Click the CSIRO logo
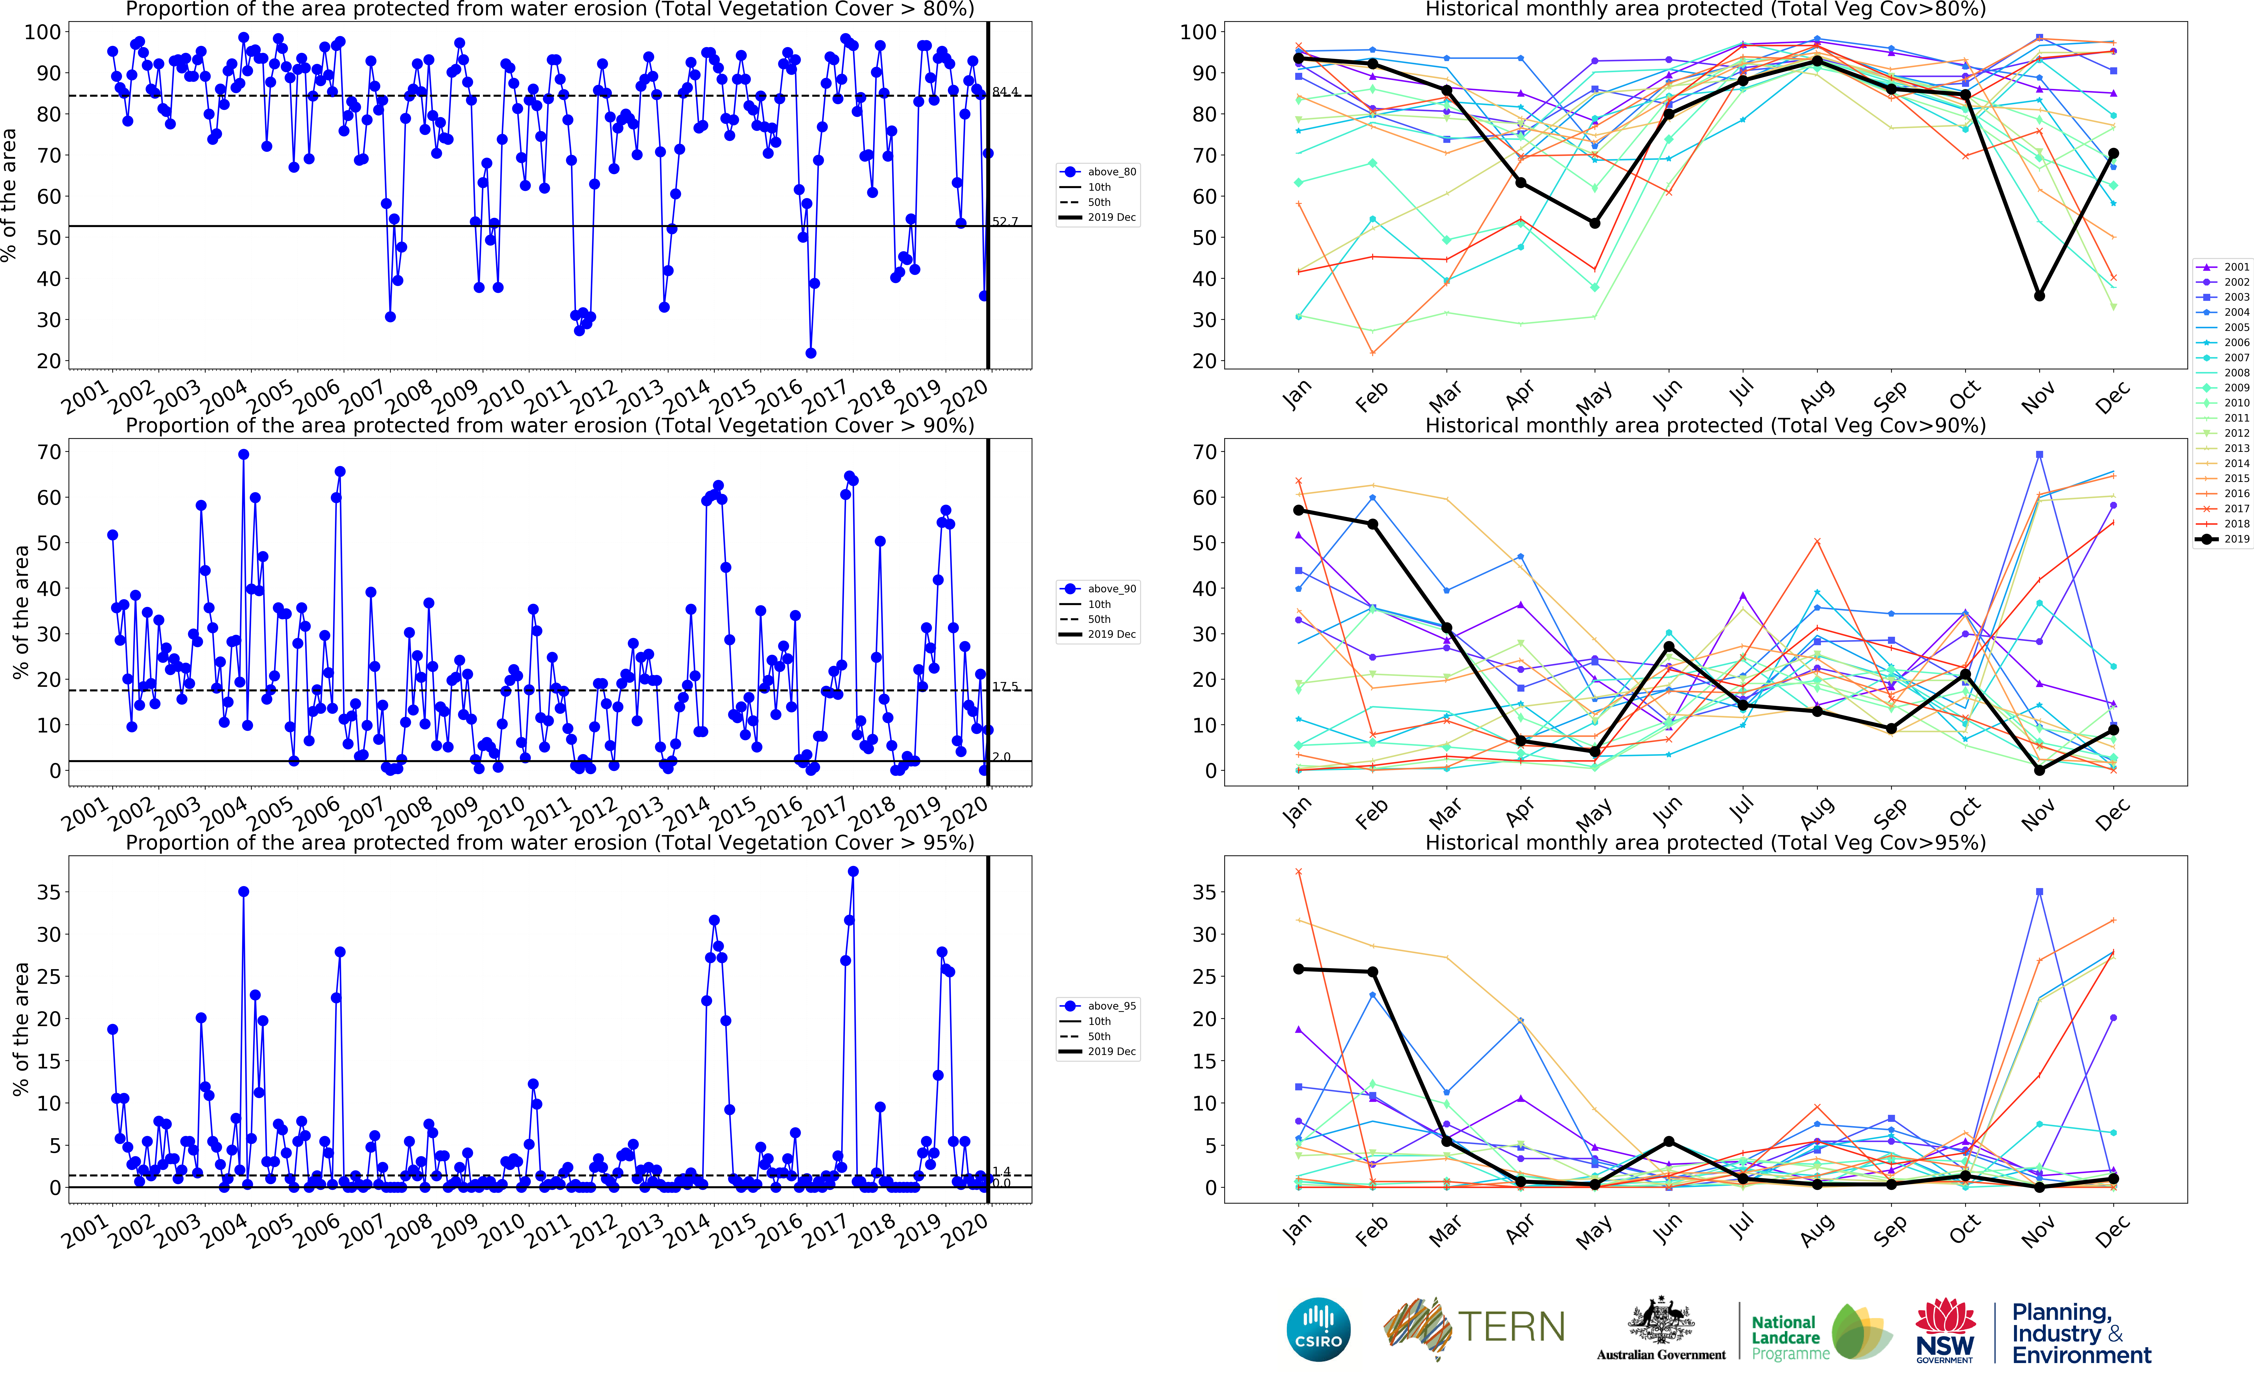click(x=1318, y=1329)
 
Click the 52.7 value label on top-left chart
click(x=1005, y=221)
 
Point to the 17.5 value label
click(x=1005, y=686)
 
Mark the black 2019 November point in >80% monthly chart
click(x=2039, y=296)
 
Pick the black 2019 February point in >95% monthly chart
click(x=1373, y=972)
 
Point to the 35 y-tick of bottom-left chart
click(x=48, y=892)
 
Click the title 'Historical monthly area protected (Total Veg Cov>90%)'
click(x=1705, y=425)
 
